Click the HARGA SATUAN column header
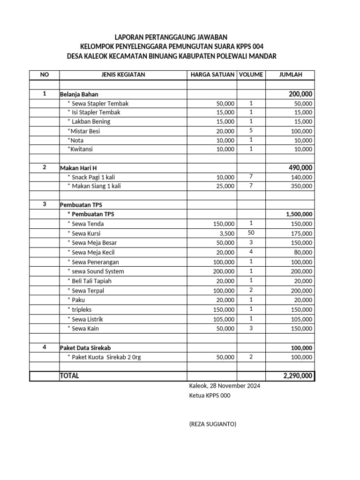click(x=212, y=75)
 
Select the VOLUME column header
click(x=251, y=75)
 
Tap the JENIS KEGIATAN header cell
click(x=123, y=75)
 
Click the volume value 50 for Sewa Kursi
click(x=251, y=233)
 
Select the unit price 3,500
click(x=226, y=233)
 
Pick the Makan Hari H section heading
click(x=78, y=168)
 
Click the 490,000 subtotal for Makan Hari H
click(x=300, y=168)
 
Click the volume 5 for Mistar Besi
click(x=251, y=131)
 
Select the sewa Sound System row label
click(x=96, y=271)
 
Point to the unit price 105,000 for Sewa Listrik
click(x=224, y=319)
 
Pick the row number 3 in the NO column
click(x=45, y=204)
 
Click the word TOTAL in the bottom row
click(x=70, y=376)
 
